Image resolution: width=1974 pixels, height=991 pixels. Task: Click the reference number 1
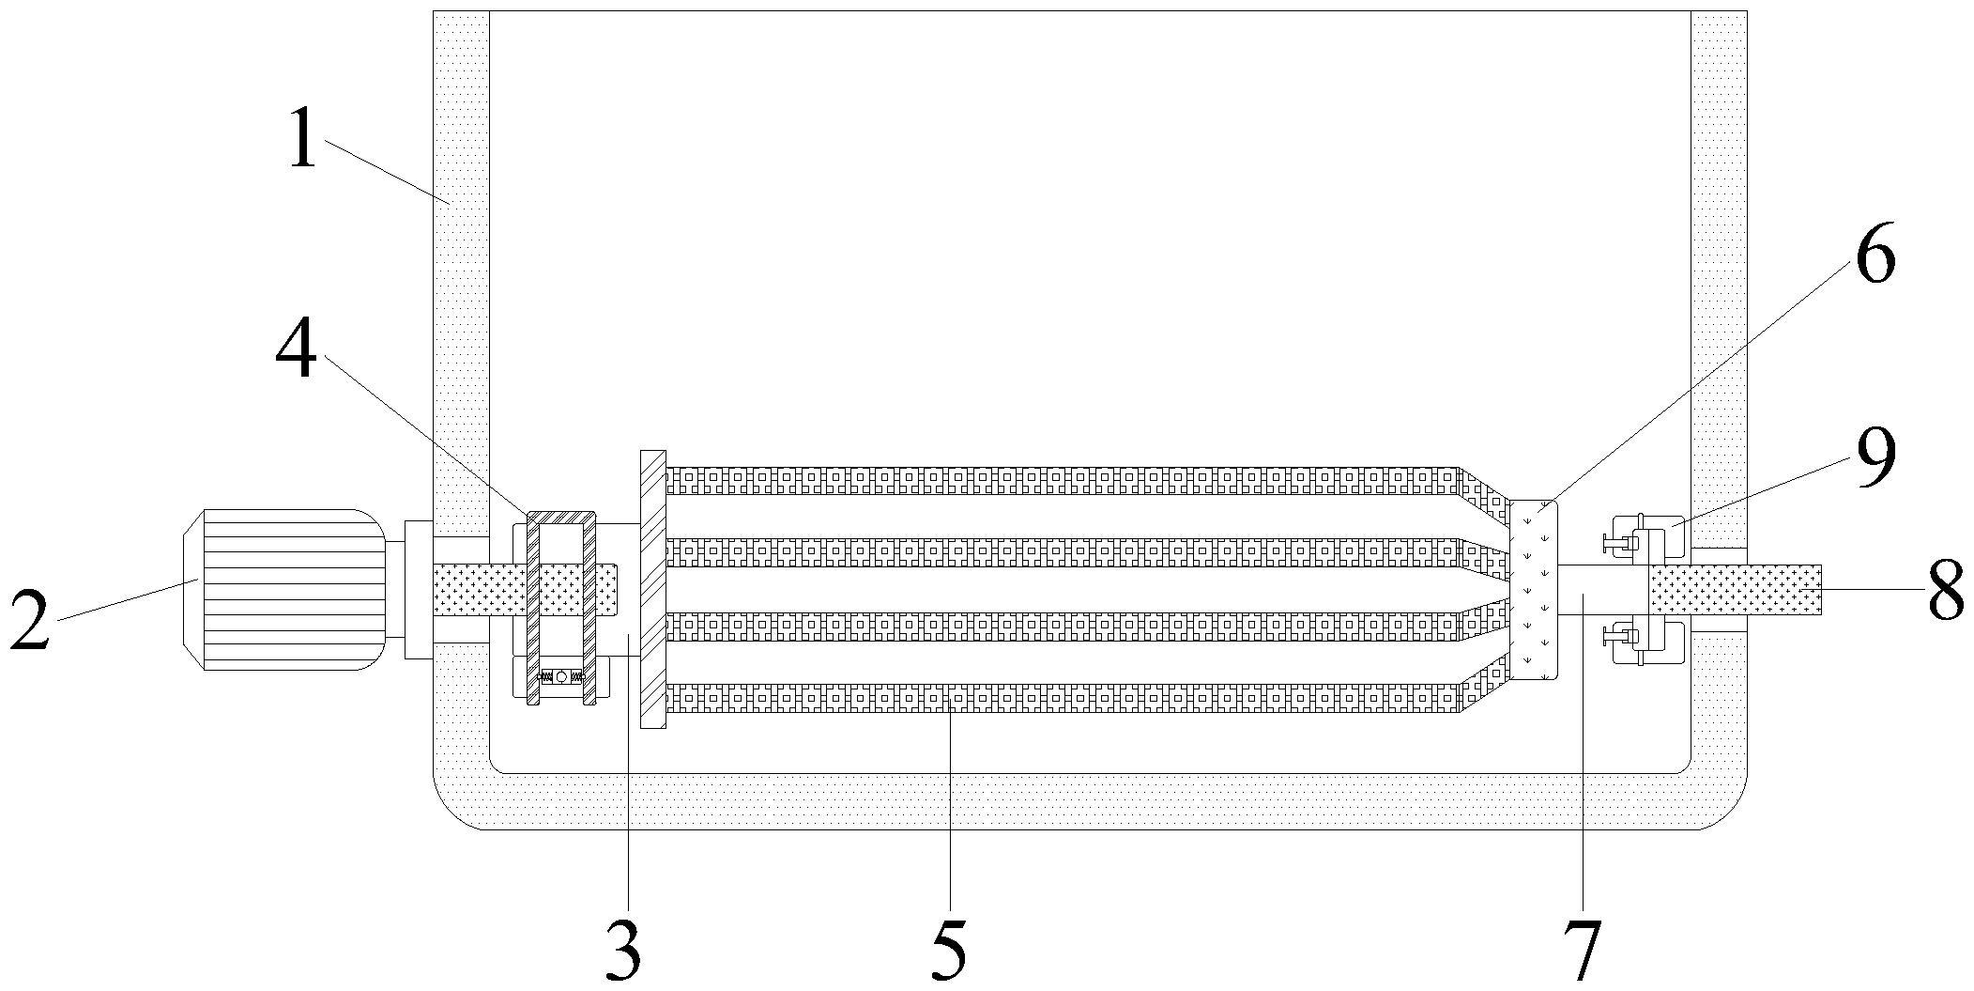pos(302,138)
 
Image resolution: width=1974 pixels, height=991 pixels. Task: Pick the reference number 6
pos(1875,254)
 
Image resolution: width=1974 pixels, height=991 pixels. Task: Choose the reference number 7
pos(1583,951)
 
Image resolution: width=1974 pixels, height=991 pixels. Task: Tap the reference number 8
pos(1946,591)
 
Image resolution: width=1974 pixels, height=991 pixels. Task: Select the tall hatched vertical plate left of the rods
pos(652,589)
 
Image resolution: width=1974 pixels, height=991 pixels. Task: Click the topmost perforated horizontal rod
pos(1061,480)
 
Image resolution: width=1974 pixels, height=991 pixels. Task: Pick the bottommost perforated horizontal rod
pos(1061,698)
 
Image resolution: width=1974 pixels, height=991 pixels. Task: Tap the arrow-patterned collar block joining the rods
pos(1533,590)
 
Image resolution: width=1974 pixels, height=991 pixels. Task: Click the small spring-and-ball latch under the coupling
pos(561,676)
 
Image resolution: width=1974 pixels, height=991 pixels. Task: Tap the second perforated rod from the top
pos(1061,552)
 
